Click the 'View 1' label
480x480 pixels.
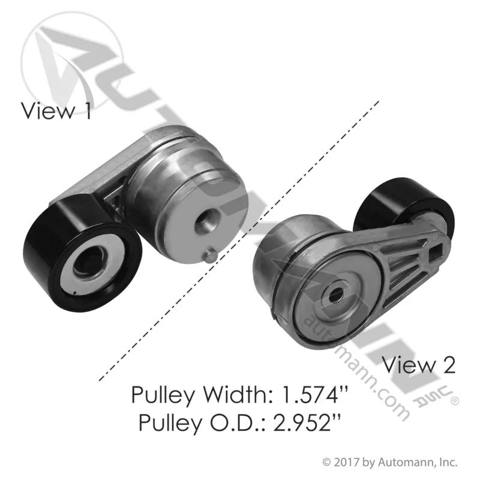[x=56, y=111]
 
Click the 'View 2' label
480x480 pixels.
[x=419, y=365]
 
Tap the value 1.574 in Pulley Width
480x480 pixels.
[x=314, y=395]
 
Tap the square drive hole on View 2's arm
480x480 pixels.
[x=436, y=253]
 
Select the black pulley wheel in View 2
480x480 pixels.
[x=403, y=205]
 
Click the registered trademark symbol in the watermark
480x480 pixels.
[x=455, y=401]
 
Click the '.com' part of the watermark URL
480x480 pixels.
[x=389, y=400]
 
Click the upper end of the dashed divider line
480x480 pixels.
[x=379, y=101]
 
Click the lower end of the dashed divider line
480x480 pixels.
[x=100, y=380]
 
